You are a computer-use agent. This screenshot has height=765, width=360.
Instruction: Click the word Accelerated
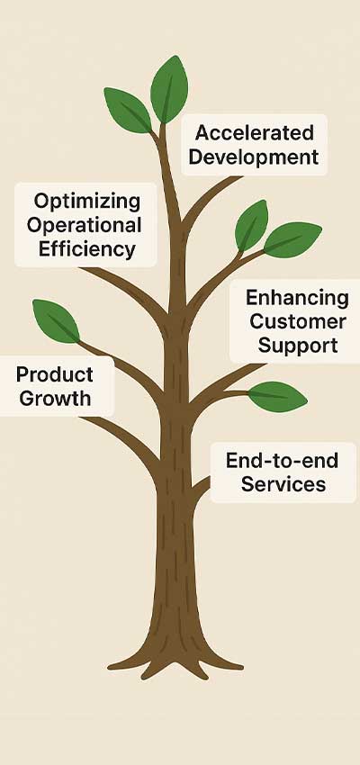254,132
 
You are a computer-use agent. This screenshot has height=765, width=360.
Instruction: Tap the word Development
254,157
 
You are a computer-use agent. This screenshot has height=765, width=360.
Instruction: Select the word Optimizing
86,202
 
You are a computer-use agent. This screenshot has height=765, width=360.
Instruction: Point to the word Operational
84,225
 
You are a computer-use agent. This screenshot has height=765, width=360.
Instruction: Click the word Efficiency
86,249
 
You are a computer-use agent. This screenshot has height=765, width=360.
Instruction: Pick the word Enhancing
297,298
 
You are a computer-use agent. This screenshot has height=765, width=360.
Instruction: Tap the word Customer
298,321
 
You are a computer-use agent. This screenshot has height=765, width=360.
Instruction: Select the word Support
298,346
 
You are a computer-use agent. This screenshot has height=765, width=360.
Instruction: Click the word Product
55,374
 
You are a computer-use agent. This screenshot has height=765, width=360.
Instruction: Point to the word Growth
55,399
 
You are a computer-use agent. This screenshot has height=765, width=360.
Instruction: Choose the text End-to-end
282,461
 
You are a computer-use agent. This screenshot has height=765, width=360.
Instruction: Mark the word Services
283,484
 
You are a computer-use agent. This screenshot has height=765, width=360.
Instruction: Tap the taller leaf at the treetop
169,89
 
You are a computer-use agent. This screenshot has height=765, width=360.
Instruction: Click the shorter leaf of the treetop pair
128,110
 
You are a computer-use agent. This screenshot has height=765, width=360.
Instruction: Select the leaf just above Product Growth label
56,320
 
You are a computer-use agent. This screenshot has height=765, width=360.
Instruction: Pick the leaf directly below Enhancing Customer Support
277,397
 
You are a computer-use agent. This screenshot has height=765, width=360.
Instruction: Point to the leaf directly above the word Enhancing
292,240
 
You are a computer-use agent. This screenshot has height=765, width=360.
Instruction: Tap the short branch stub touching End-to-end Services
202,490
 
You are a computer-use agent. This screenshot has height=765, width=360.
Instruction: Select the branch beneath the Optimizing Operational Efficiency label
127,291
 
